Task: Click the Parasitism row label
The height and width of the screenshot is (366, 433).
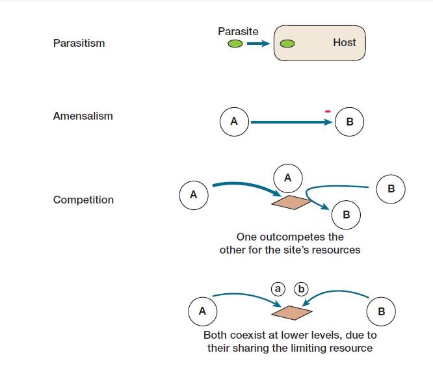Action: (x=79, y=44)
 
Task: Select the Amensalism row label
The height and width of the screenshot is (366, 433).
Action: (x=83, y=116)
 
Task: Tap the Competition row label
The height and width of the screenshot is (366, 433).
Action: (x=83, y=200)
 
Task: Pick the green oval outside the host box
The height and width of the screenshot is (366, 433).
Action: (x=235, y=44)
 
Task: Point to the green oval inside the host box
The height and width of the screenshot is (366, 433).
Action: (x=287, y=44)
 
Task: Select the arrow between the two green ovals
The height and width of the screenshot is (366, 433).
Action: (x=258, y=44)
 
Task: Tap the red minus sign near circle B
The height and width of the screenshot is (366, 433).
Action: (x=328, y=112)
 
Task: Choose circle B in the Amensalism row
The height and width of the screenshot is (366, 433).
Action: (x=349, y=122)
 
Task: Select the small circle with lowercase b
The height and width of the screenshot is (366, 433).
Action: (x=302, y=288)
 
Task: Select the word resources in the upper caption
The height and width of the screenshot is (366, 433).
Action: (x=337, y=250)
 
